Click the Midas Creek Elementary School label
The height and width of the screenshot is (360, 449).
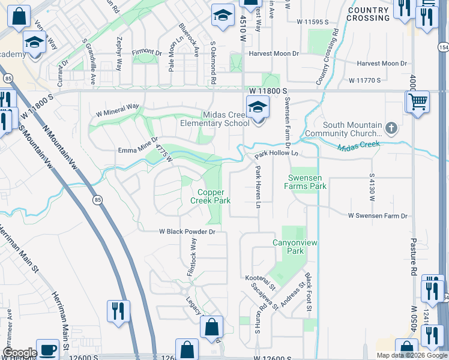coord(215,119)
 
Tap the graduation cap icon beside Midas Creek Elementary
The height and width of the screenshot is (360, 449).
coord(257,108)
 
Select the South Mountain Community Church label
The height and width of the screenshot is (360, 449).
coord(343,129)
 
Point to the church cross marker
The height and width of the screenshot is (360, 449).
coord(391,128)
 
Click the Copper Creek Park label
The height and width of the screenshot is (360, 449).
coord(211,196)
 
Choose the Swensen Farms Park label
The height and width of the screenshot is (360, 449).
coord(307,182)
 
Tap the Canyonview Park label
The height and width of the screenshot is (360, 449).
coord(295,247)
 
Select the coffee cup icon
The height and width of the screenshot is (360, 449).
coord(47,350)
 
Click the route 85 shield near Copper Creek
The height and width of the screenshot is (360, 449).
coord(96,200)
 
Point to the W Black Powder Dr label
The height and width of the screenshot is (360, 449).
coord(187,231)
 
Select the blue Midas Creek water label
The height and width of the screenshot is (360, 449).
coord(359,146)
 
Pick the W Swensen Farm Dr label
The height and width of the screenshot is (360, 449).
coord(377,215)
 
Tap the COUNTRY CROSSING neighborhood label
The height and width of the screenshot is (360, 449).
coord(368,14)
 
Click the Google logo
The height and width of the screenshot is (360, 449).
coord(19,352)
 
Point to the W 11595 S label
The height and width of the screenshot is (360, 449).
coord(314,22)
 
